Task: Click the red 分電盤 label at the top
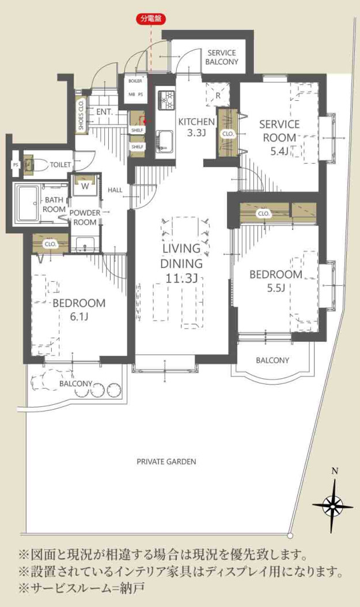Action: (x=151, y=18)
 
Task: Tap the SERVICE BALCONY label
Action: (x=222, y=57)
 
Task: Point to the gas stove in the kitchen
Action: (x=166, y=100)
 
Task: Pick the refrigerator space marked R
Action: (x=218, y=95)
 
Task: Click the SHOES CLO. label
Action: (x=81, y=114)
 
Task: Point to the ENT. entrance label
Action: (x=105, y=112)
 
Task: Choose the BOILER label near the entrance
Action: (x=135, y=81)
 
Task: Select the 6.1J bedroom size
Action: (x=79, y=316)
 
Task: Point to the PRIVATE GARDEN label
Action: (x=166, y=461)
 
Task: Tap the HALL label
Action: (x=115, y=190)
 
